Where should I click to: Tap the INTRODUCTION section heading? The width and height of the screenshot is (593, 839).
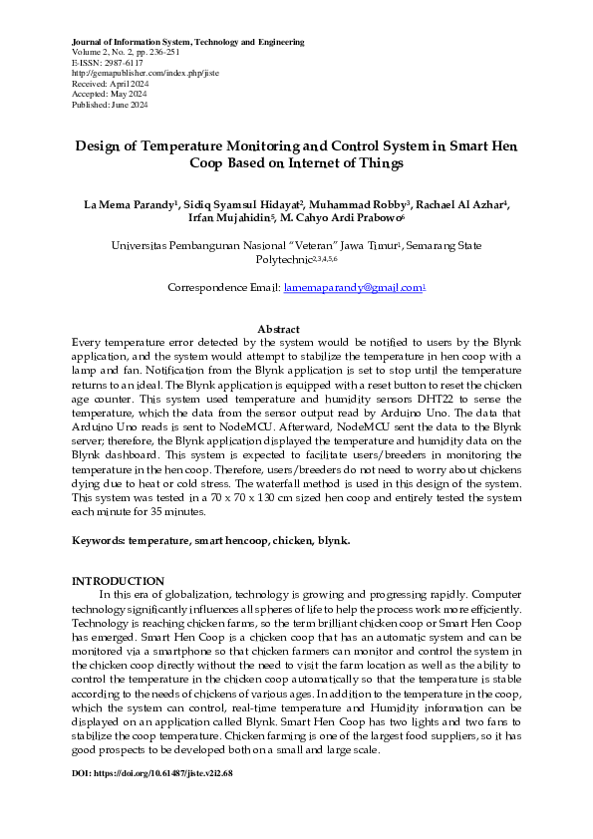click(x=119, y=581)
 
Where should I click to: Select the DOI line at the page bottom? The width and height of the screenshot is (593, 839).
click(x=152, y=773)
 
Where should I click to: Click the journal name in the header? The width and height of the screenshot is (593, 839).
click(x=188, y=43)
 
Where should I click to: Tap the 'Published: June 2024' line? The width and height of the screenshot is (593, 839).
click(x=110, y=104)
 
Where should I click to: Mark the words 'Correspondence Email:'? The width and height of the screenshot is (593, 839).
click(x=223, y=287)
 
